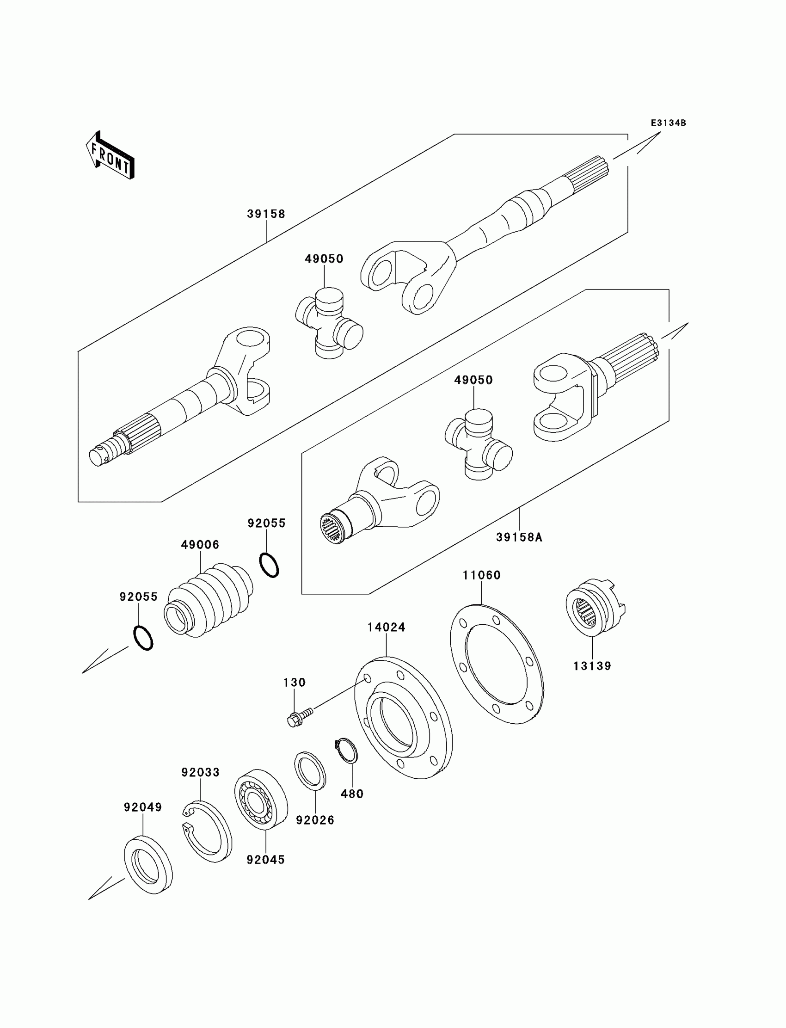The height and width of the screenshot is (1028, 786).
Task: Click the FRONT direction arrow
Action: click(x=110, y=156)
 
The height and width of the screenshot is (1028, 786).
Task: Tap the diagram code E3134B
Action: click(x=668, y=123)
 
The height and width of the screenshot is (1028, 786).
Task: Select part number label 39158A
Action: click(x=519, y=538)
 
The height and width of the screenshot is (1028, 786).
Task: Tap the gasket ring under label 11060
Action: click(x=497, y=664)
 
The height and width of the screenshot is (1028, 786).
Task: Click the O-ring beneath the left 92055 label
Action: click(x=143, y=638)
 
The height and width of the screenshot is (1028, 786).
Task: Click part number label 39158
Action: click(x=266, y=214)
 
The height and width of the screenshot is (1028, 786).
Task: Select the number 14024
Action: click(x=386, y=628)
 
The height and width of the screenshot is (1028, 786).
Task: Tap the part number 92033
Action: click(x=200, y=772)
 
